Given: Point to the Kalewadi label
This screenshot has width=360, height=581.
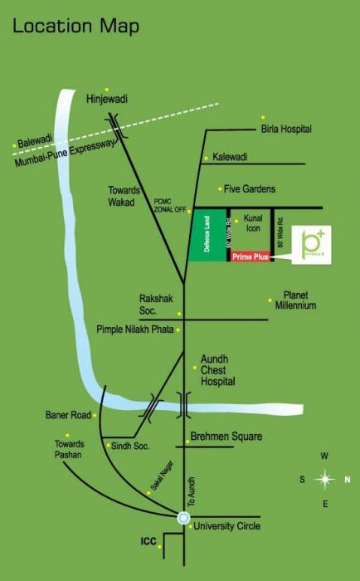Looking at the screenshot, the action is [x=230, y=157].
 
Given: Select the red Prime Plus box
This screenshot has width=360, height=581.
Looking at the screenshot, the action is [x=251, y=258].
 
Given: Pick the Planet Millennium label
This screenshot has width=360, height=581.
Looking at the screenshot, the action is [x=299, y=300].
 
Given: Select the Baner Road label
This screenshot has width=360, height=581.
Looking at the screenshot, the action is [x=67, y=414].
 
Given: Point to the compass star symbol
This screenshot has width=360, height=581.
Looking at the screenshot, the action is [x=325, y=479].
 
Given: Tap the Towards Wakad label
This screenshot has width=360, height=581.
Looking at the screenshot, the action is [x=125, y=195].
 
